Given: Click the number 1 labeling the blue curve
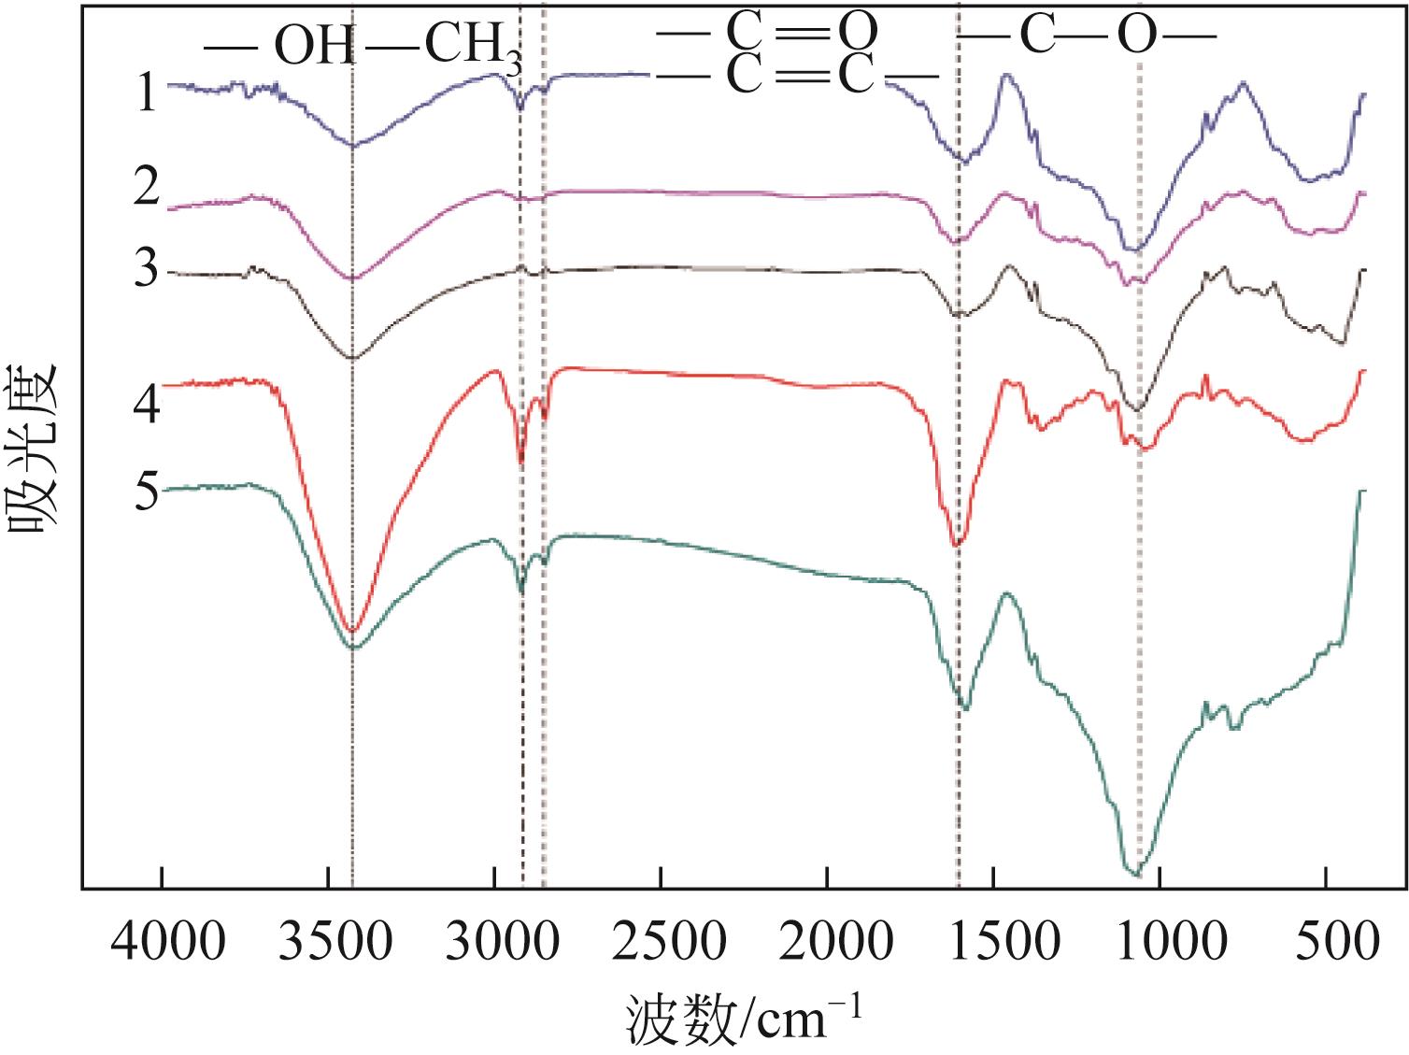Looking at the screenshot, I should (146, 93).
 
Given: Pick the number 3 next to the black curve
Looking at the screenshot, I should (148, 270).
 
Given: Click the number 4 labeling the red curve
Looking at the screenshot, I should (148, 405).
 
